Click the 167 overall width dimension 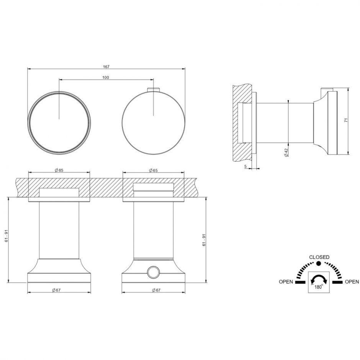(x=106, y=67)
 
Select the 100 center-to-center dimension (x=106, y=78)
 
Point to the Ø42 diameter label (x=286, y=152)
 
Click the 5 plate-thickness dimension (x=245, y=167)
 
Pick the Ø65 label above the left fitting (x=59, y=170)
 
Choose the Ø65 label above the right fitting (x=153, y=170)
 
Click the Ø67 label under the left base (x=56, y=290)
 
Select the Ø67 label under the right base (x=156, y=290)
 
